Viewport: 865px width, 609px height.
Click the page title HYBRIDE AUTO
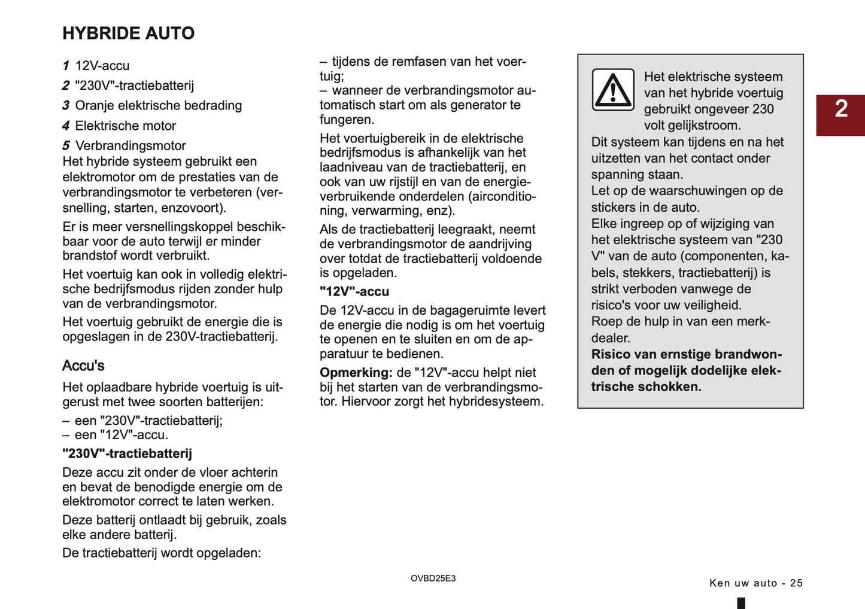[128, 34]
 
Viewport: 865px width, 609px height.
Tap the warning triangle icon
[613, 90]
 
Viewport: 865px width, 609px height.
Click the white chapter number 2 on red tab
[841, 109]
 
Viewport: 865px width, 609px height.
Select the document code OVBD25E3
[433, 578]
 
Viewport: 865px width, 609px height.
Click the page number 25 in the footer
[796, 583]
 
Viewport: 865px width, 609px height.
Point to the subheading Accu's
[83, 366]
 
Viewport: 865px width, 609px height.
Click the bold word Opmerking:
[356, 373]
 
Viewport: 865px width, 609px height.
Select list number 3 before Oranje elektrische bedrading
[66, 106]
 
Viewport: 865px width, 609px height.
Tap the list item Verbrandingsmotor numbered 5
[130, 146]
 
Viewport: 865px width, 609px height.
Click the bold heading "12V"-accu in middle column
[354, 292]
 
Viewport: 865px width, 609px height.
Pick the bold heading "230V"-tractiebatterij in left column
[127, 454]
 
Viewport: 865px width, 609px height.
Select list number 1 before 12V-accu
[66, 66]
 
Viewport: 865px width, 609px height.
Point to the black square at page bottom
[741, 603]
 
